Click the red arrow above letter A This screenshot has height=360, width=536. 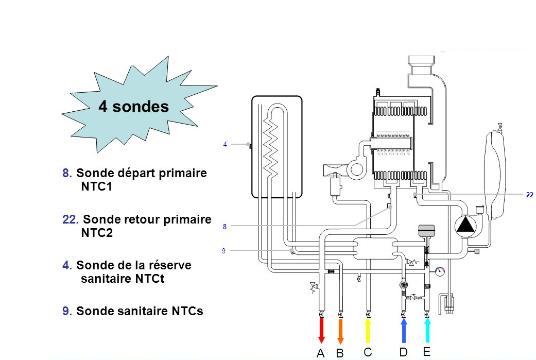pos(321,331)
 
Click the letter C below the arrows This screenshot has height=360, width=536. pos(367,353)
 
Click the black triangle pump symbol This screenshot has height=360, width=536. pos(466,226)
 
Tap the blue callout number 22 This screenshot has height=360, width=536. pos(529,195)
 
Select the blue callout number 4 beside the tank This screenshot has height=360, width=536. pos(225,145)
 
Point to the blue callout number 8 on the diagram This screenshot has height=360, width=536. pos(224,226)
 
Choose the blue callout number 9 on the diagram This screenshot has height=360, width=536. pos(223,251)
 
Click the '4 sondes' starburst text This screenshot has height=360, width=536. pos(133,107)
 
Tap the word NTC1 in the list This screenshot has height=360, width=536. pos(96,186)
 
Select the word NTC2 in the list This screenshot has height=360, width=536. pos(97,233)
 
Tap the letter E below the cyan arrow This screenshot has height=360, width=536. pos(426,352)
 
